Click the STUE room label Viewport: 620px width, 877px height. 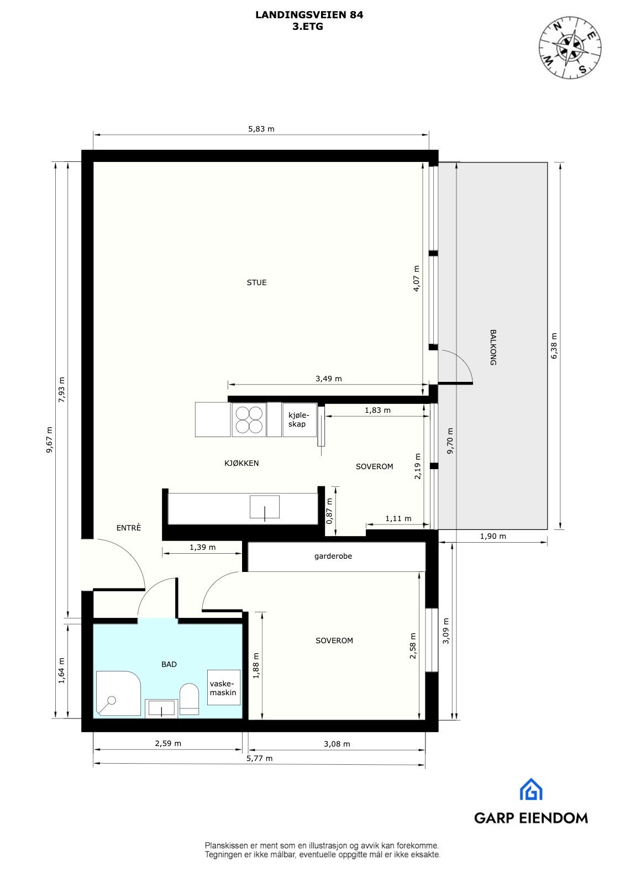tap(256, 282)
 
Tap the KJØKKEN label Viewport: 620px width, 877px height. tap(241, 463)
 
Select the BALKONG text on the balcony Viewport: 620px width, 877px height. tap(493, 347)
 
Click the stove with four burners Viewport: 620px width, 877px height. tap(249, 420)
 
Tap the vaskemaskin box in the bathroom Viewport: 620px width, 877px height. tap(223, 687)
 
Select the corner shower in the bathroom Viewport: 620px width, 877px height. tap(117, 694)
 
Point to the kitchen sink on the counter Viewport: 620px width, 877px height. tap(264, 507)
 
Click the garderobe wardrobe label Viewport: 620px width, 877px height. tap(333, 556)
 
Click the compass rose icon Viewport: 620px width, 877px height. tap(570, 46)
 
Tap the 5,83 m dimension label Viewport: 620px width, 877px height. tap(261, 129)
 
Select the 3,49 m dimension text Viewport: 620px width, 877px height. tap(328, 379)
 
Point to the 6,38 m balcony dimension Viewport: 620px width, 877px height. tap(554, 345)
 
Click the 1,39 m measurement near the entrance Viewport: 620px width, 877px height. tap(202, 547)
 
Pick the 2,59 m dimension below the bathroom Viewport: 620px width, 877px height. tap(168, 743)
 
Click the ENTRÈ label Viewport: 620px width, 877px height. tap(128, 528)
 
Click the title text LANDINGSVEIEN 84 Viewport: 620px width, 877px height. tap(309, 15)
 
